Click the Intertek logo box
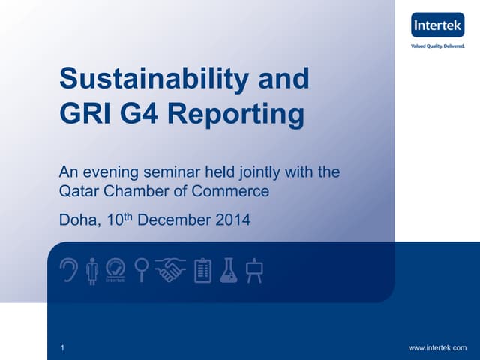coord(438,27)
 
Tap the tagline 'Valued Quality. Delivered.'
coord(438,46)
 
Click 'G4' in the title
coord(137,115)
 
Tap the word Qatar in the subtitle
coord(77,191)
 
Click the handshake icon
coord(170,270)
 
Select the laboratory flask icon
coord(229,270)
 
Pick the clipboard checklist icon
coord(202,271)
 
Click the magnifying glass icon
coord(141,270)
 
